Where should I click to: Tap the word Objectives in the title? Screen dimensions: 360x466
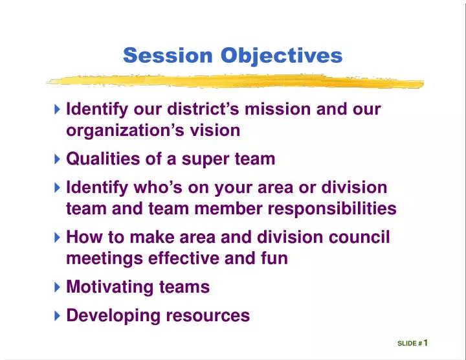[x=282, y=56]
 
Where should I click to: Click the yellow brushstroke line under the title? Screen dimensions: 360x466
[x=234, y=82]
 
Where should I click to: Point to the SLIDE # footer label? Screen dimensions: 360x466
[x=410, y=344]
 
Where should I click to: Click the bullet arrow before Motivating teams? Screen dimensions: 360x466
[x=58, y=287]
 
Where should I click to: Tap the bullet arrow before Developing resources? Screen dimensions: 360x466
[x=58, y=316]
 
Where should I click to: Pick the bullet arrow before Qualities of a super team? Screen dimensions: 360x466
[x=58, y=159]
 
